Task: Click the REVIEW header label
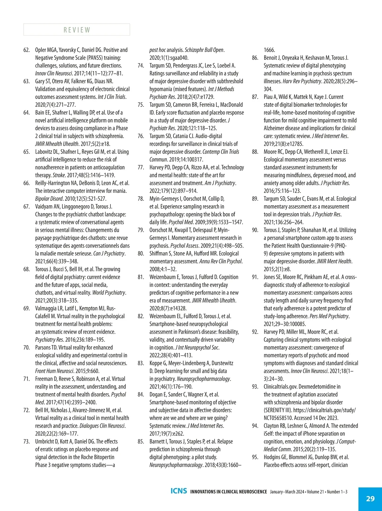point(77,30)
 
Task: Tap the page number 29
point(370,499)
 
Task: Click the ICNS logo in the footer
point(179,491)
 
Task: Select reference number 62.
point(26,50)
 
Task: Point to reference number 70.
point(26,347)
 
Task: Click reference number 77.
point(141,167)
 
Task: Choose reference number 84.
point(141,395)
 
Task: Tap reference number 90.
point(255,230)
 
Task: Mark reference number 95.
point(255,457)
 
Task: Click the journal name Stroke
point(59,175)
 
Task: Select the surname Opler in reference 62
point(40,50)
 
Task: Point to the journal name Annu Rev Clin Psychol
point(221,262)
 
